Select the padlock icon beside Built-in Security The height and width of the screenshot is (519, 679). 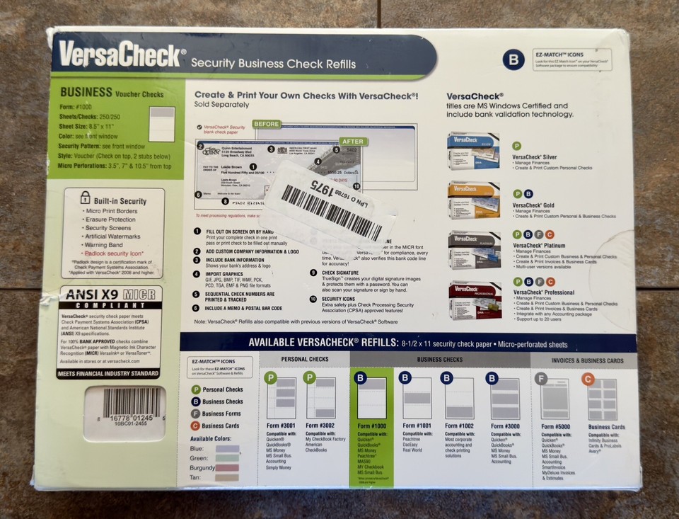[x=86, y=199]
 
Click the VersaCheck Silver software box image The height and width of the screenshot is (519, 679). [x=473, y=150]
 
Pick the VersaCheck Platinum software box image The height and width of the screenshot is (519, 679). [x=473, y=249]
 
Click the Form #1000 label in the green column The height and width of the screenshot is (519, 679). [x=371, y=426]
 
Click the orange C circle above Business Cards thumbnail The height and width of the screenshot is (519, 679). [x=587, y=380]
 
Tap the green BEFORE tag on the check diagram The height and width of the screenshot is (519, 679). [x=266, y=124]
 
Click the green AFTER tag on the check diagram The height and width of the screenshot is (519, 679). [x=353, y=141]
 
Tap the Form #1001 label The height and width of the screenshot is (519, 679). [x=414, y=426]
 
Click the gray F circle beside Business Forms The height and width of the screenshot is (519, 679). [x=196, y=414]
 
